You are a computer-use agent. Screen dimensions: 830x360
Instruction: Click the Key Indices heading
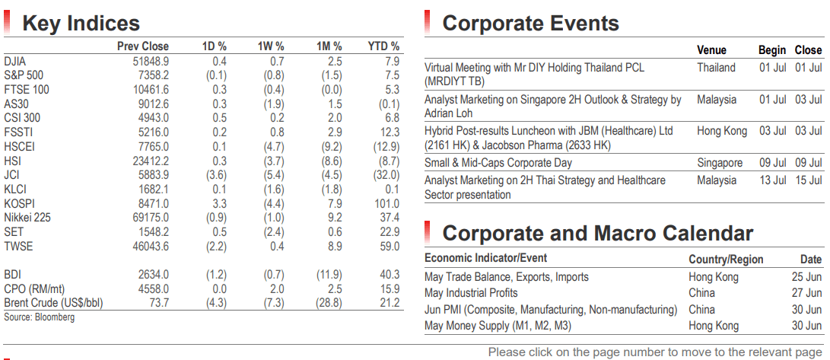pos(81,24)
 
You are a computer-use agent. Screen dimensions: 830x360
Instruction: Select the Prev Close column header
pos(143,46)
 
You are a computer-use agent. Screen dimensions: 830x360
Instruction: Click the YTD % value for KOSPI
pos(388,203)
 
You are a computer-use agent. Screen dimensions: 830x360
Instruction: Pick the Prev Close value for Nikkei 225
pos(151,218)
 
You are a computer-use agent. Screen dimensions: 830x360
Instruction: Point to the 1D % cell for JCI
pos(216,175)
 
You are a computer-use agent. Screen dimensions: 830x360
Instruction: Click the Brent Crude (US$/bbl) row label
pos(53,304)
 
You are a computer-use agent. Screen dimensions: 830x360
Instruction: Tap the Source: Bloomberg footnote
pos(39,317)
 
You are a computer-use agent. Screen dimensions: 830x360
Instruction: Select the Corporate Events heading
pos(530,24)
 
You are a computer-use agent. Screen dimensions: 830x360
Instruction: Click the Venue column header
pos(711,50)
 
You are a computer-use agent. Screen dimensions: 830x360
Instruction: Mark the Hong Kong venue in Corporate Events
pos(722,131)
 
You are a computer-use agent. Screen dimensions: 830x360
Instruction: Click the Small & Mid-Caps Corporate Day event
pos(498,163)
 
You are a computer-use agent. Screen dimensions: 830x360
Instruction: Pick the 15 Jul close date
pos(808,180)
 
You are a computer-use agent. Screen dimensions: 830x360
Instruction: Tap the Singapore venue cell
pos(720,163)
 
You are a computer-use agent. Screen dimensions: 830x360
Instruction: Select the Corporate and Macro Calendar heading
pos(598,233)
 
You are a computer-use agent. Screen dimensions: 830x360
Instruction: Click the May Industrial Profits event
pos(471,293)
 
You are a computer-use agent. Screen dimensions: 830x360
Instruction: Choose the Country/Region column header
pos(727,260)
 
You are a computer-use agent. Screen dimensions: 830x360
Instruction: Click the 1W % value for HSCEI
pos(274,146)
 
